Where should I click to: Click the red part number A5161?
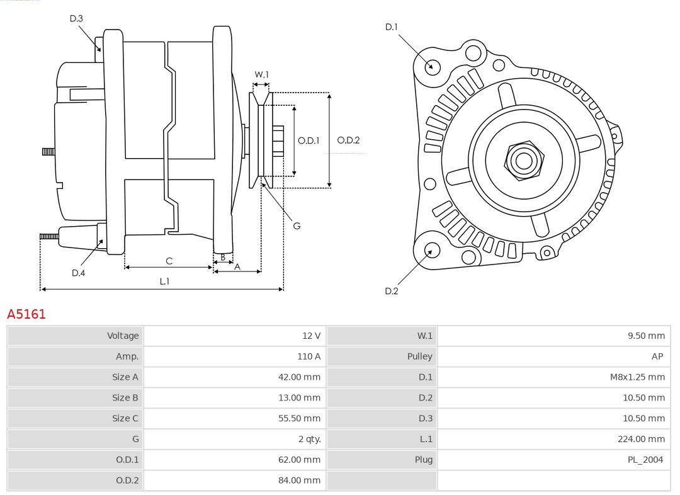[26, 314]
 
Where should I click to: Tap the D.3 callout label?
[76, 18]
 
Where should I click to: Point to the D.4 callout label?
[78, 273]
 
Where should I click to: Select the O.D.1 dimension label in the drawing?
[309, 140]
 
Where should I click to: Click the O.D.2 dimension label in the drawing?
[348, 140]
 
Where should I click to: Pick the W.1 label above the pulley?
[261, 74]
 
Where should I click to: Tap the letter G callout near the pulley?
[297, 226]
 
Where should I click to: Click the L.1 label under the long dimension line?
[164, 282]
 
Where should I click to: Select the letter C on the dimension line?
[169, 261]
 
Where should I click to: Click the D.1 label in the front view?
[391, 27]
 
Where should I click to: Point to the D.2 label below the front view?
[391, 291]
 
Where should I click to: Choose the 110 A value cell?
[235, 356]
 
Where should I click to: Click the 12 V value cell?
[235, 335]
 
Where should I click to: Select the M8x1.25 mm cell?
[554, 377]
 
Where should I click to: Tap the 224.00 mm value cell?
[554, 439]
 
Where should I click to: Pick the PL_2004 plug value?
[645, 460]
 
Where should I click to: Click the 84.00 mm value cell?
[235, 481]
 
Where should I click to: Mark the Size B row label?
[125, 397]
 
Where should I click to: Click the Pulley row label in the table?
[419, 356]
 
